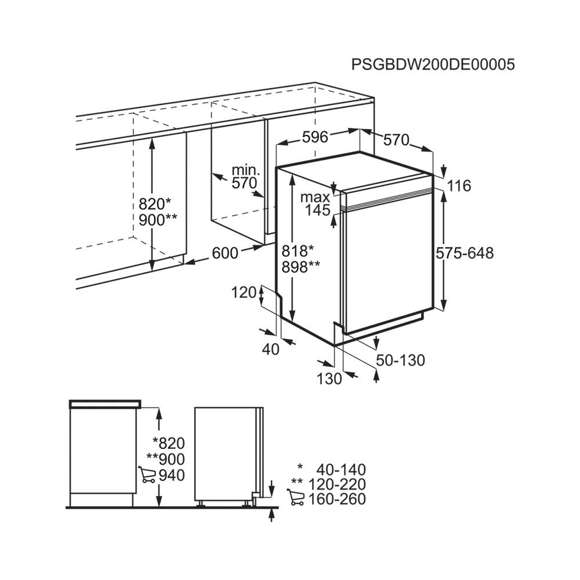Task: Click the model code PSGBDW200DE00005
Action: pyautogui.click(x=433, y=65)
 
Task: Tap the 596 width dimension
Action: pyautogui.click(x=315, y=137)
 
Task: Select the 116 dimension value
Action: pyautogui.click(x=459, y=186)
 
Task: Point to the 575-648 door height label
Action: pyautogui.click(x=465, y=253)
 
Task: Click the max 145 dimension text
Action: pyautogui.click(x=316, y=204)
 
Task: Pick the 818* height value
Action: pyautogui.click(x=298, y=251)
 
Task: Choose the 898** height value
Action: pyautogui.click(x=300, y=267)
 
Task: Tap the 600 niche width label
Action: pyautogui.click(x=225, y=253)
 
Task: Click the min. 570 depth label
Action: pyautogui.click(x=245, y=177)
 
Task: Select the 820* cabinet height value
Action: pyautogui.click(x=155, y=204)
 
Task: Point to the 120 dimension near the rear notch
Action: pyautogui.click(x=244, y=292)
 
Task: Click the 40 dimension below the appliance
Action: pyautogui.click(x=270, y=349)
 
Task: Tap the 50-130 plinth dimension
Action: pyautogui.click(x=401, y=360)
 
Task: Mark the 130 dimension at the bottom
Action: pyautogui.click(x=329, y=378)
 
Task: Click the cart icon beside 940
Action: pyautogui.click(x=147, y=474)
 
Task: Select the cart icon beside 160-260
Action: pyautogui.click(x=296, y=497)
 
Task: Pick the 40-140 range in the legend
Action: pyautogui.click(x=341, y=470)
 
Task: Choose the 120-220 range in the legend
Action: pyautogui.click(x=337, y=484)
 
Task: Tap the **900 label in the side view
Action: pyautogui.click(x=166, y=459)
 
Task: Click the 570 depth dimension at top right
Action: pyautogui.click(x=397, y=140)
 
